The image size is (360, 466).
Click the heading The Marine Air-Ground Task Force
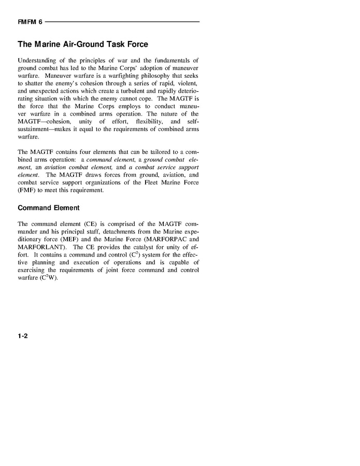[83, 45]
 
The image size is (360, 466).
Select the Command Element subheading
[49, 208]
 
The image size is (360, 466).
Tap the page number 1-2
[22, 336]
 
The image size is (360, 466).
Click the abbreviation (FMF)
[27, 190]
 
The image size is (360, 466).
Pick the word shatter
[34, 83]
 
